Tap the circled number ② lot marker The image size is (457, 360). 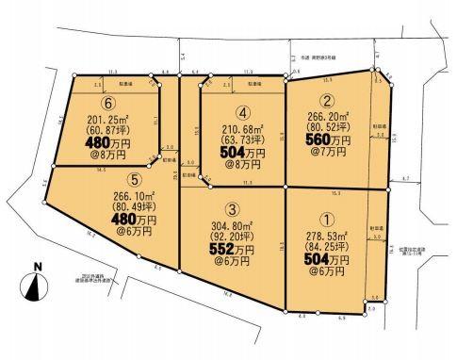[x=326, y=102]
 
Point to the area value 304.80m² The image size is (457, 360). [x=233, y=226]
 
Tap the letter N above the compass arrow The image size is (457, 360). [x=36, y=267]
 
